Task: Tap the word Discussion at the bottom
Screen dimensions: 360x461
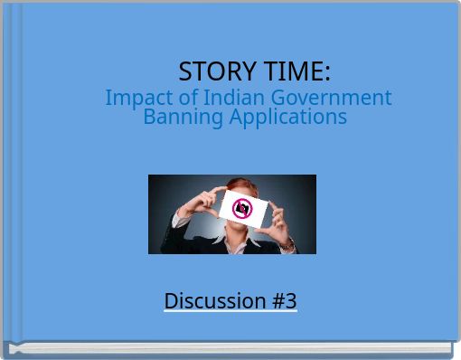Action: (x=214, y=300)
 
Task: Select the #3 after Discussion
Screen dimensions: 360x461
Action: (x=282, y=300)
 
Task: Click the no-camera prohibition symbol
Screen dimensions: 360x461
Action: (x=242, y=209)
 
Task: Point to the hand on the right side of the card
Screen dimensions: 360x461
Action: (x=278, y=217)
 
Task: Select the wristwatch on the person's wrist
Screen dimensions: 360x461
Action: (x=287, y=243)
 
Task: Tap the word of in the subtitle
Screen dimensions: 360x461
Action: (x=186, y=98)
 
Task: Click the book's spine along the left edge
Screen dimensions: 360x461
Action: (x=11, y=172)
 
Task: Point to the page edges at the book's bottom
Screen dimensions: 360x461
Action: (x=230, y=347)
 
